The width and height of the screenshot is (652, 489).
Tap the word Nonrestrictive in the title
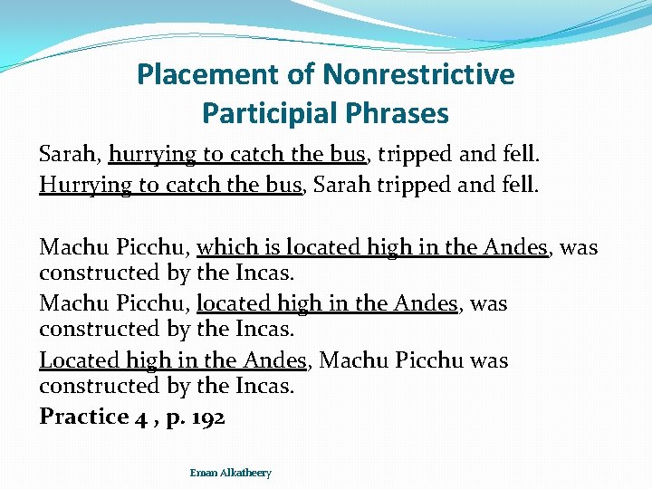click(x=418, y=74)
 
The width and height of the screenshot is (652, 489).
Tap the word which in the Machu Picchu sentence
click(x=225, y=246)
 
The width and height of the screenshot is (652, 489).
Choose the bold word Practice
click(x=83, y=417)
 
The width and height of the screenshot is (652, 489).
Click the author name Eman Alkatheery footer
click(x=230, y=473)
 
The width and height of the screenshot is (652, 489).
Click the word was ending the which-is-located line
click(x=580, y=246)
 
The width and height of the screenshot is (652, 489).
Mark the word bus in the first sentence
click(x=348, y=154)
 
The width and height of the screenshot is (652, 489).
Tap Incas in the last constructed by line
click(x=263, y=386)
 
